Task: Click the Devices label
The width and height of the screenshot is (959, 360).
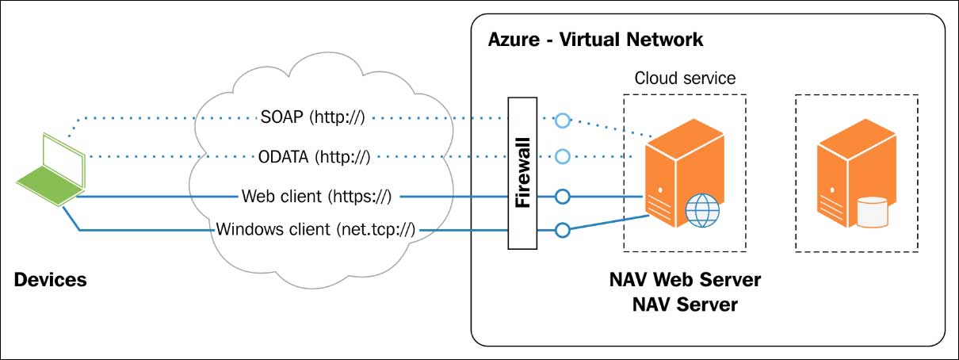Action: pyautogui.click(x=51, y=279)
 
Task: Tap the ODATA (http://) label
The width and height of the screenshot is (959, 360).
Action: pyautogui.click(x=314, y=156)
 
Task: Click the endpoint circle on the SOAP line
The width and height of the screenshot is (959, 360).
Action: pyautogui.click(x=562, y=121)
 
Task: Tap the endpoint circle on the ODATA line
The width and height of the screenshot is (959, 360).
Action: pyautogui.click(x=562, y=155)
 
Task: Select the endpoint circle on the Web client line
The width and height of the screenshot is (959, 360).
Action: pyautogui.click(x=562, y=195)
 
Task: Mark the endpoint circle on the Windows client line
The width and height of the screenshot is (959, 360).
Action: pyautogui.click(x=562, y=231)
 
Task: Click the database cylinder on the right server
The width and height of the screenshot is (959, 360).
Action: pyautogui.click(x=873, y=212)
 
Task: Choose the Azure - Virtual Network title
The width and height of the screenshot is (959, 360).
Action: pyautogui.click(x=595, y=39)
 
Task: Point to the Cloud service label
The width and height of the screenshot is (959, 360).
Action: pyautogui.click(x=685, y=79)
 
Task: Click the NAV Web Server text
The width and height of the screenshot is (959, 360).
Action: pyautogui.click(x=685, y=280)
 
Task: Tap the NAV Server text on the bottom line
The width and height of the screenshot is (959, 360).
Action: pyautogui.click(x=685, y=304)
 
